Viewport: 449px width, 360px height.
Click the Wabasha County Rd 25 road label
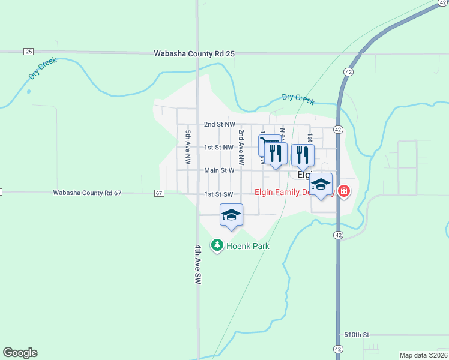pos(194,53)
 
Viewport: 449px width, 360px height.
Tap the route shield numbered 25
pos(28,52)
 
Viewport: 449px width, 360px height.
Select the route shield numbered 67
pos(159,193)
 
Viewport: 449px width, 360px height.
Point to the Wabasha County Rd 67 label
pos(87,193)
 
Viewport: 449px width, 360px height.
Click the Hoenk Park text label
pos(247,246)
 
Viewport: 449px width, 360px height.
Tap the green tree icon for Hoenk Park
pos(216,245)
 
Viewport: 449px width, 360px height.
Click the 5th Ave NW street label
pos(188,148)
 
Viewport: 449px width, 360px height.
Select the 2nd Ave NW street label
pos(241,148)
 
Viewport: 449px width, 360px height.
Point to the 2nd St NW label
pos(218,125)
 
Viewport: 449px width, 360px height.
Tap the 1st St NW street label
pos(218,148)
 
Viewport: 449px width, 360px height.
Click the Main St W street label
pos(218,170)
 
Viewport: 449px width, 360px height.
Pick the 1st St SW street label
pos(218,194)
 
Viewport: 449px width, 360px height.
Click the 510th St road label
pos(357,334)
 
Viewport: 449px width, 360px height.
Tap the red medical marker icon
pos(343,192)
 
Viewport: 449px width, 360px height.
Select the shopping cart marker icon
pos(265,144)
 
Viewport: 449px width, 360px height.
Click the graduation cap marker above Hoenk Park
pos(231,215)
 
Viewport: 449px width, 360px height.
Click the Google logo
pos(20,353)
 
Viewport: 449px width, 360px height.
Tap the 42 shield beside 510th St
pos(338,349)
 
